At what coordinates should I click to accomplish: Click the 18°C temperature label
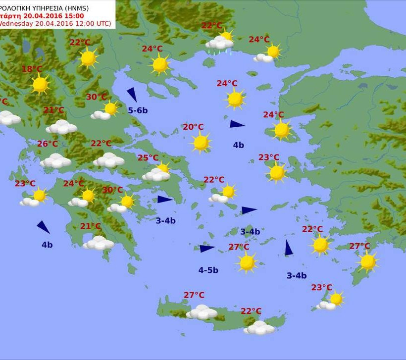coord(32,69)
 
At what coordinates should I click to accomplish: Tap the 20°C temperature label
coord(193,127)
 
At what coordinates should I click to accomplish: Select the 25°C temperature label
coord(148,158)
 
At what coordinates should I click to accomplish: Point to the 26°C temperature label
coord(48,144)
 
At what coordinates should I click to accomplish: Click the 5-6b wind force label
coord(138,110)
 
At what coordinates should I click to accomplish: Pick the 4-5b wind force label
coord(208,270)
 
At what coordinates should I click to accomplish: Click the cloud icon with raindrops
coord(220,44)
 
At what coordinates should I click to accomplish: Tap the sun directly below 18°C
coord(40,84)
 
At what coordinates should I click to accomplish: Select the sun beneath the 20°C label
coord(201,143)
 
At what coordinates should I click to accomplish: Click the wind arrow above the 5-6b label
coord(132,94)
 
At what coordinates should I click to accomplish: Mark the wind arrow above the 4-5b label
coord(207,249)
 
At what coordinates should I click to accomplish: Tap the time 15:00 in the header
coord(74,15)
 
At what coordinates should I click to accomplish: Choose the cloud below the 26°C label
coord(55,160)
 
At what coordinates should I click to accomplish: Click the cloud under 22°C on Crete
coord(259,327)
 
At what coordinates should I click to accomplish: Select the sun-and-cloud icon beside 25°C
coord(157,172)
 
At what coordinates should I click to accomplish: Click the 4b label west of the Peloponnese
coord(47,245)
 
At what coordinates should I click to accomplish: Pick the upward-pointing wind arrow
coord(289,248)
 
